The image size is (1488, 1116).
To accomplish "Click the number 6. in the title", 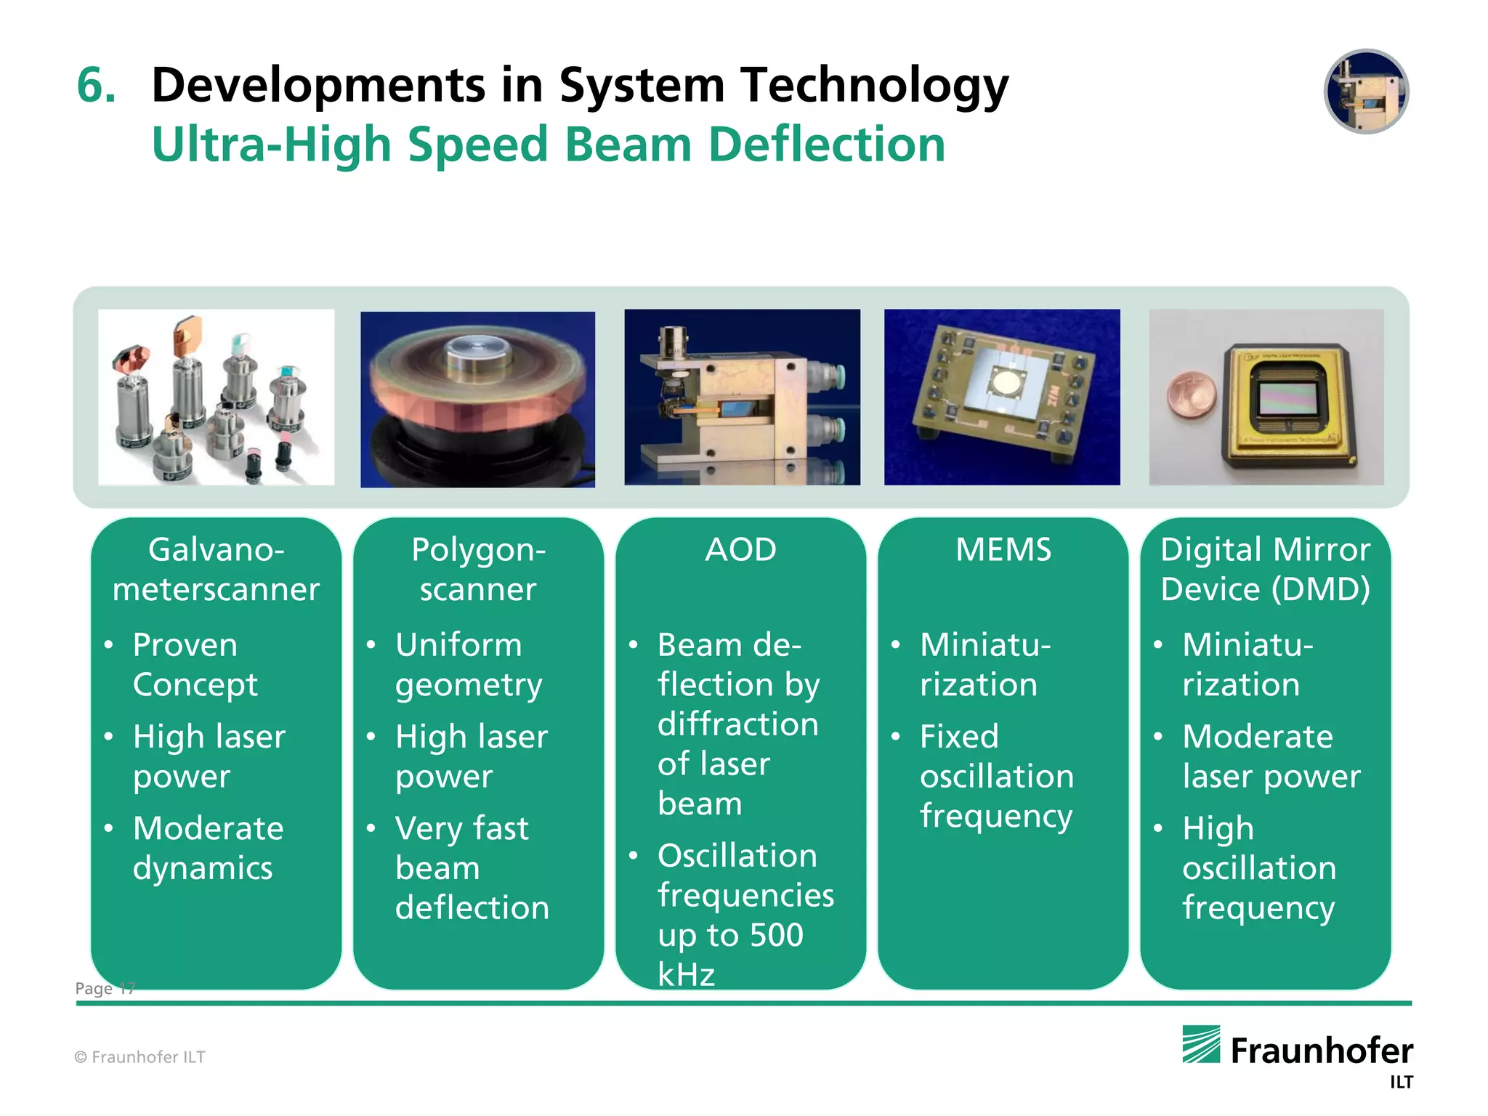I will (96, 85).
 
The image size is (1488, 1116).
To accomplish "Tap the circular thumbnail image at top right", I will (1366, 92).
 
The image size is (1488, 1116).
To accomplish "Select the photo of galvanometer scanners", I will (217, 397).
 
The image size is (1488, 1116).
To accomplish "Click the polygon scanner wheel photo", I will (477, 399).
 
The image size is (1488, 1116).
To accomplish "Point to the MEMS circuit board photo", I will (1002, 397).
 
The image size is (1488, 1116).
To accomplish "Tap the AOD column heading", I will (740, 550).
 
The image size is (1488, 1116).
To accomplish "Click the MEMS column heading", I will (1003, 550).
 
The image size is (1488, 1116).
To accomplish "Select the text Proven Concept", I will (195, 665).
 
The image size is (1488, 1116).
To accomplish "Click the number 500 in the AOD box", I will (776, 935).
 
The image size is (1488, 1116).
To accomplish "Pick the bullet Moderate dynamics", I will (207, 848).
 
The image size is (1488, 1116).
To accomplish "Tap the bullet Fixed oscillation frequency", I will (996, 776).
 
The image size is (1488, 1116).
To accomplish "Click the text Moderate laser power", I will (1270, 756).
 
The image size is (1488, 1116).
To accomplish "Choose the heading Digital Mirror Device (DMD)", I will (1265, 569).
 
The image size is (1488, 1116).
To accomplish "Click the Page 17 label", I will (105, 989).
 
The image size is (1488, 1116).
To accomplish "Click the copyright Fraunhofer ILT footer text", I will (139, 1057).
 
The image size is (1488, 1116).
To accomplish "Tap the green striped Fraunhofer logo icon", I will (1200, 1045).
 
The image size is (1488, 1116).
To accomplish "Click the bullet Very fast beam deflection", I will (472, 868).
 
